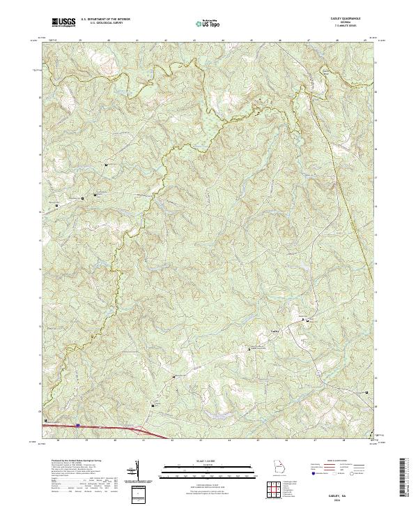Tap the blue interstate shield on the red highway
[x=78, y=423]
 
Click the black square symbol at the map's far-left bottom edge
[x=46, y=421]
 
